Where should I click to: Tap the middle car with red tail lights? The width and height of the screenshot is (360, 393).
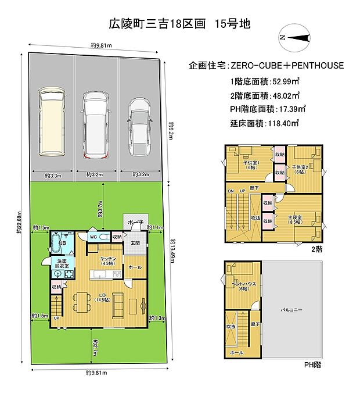click(x=95, y=124)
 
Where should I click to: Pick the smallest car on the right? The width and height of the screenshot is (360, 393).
click(x=139, y=126)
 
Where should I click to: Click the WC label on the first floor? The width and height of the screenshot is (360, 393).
click(x=92, y=237)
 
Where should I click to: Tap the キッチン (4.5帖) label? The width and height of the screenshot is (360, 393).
click(x=108, y=260)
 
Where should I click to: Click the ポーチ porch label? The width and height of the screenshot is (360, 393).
click(x=136, y=222)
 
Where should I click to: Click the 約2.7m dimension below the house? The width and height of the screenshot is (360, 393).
click(x=95, y=348)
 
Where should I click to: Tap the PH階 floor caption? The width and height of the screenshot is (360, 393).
click(x=312, y=365)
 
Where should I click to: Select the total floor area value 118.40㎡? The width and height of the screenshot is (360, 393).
click(x=281, y=123)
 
